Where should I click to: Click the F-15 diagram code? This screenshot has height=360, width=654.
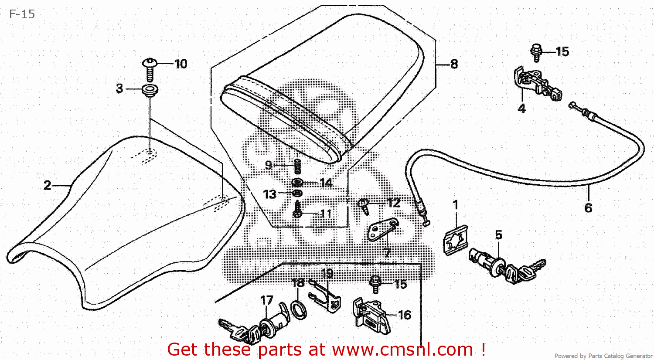[x=22, y=14]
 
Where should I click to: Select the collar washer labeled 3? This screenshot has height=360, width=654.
[x=150, y=91]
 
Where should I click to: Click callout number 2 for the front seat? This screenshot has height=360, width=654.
[x=48, y=186]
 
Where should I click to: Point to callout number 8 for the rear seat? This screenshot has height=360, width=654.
[x=454, y=64]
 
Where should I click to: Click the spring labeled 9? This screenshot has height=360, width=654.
[x=298, y=166]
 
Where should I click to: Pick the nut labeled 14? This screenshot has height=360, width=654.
[x=297, y=182]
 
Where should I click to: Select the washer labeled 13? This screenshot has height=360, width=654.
[x=297, y=193]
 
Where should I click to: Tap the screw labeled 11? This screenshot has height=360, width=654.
[x=298, y=211]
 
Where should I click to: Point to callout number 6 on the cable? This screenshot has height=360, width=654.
[x=588, y=208]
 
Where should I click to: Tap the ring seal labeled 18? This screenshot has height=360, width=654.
[x=299, y=309]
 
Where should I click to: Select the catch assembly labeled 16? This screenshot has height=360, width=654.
[x=371, y=315]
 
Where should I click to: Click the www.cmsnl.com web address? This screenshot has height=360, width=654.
[x=402, y=350]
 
